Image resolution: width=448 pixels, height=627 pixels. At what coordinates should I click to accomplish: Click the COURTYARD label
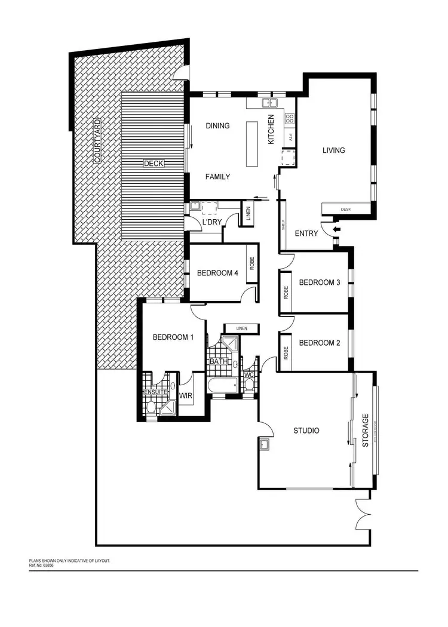(97, 141)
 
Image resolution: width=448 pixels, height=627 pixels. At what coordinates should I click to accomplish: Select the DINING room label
(217, 125)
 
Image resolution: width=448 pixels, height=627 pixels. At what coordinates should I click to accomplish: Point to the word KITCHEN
(271, 129)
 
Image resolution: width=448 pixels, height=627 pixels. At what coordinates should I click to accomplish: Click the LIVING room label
(333, 150)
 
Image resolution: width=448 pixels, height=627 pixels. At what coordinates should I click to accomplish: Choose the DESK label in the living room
(345, 210)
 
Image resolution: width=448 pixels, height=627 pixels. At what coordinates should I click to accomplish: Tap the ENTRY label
(306, 233)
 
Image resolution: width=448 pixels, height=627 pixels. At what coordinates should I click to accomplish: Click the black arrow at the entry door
(336, 229)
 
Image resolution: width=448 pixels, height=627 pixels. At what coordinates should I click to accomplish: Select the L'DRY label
(212, 223)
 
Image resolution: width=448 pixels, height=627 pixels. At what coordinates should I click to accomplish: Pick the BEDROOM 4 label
(217, 273)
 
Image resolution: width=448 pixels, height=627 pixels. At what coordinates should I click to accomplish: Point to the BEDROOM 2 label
(319, 343)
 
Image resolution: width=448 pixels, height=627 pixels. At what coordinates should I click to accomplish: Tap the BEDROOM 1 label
(173, 337)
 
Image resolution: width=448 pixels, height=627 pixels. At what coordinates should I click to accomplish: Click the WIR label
(185, 395)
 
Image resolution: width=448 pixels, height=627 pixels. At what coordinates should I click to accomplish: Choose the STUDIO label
(306, 431)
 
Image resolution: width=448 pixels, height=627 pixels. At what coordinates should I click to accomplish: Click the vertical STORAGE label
(366, 431)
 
